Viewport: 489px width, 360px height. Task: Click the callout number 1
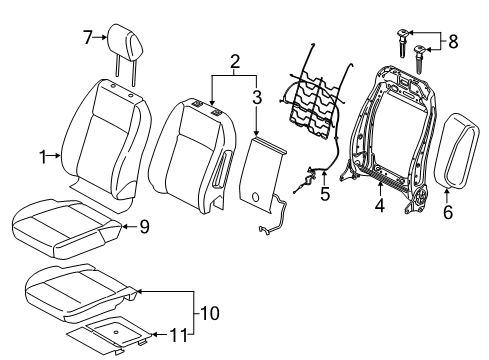pyautogui.click(x=43, y=155)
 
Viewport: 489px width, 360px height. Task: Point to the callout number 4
pyautogui.click(x=379, y=206)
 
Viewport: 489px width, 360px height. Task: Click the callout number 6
pyautogui.click(x=447, y=211)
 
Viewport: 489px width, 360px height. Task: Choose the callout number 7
pyautogui.click(x=87, y=37)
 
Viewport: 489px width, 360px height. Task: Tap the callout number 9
pyautogui.click(x=144, y=227)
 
